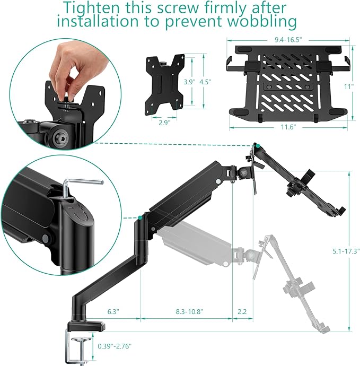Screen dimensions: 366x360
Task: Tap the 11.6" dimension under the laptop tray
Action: pos(287,127)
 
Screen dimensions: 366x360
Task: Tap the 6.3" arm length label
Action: pos(113,312)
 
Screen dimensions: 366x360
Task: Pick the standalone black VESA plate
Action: pos(165,82)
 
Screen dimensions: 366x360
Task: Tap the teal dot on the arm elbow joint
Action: pos(140,217)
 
